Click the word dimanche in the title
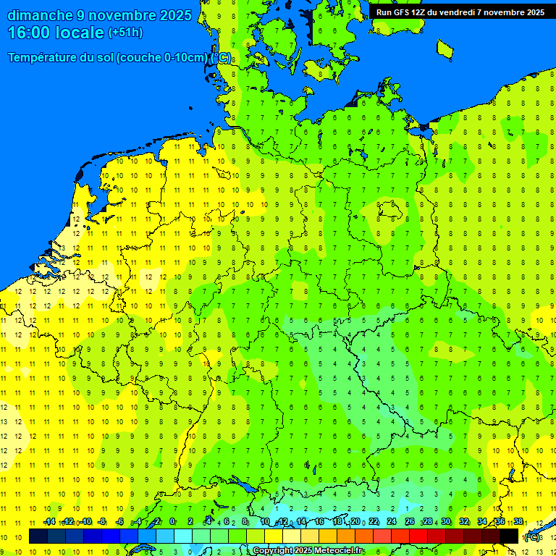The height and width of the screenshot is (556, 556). point(39,15)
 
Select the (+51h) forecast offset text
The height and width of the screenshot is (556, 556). point(125,33)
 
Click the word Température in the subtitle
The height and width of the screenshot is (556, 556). point(44,58)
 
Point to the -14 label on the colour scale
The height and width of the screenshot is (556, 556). point(49,521)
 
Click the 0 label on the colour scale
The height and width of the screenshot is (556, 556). point(172,521)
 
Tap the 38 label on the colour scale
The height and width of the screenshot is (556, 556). point(518,521)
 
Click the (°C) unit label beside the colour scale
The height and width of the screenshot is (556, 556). point(532,536)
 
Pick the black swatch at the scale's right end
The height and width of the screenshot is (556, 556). point(509,536)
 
